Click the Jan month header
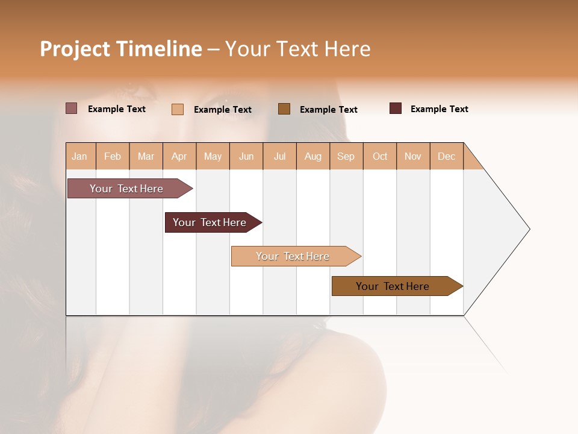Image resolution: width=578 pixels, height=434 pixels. tap(79, 157)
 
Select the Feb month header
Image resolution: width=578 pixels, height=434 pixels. tap(113, 157)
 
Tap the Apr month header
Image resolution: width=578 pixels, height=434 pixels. tap(179, 157)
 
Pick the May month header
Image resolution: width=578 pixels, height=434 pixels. tap(213, 157)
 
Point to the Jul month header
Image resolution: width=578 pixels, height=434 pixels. tap(279, 157)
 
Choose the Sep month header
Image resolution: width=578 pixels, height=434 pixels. tap(346, 157)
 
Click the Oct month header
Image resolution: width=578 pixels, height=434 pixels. tap(380, 157)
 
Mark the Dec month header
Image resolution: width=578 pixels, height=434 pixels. tap(446, 157)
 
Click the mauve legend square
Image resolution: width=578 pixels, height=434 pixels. tap(71, 108)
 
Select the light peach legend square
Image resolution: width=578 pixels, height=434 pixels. tap(177, 109)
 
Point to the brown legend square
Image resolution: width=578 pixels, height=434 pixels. tap(284, 108)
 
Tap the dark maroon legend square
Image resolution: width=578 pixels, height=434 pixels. tap(396, 108)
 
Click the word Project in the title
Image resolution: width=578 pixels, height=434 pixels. tap(75, 49)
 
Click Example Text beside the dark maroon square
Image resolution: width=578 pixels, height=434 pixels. tap(439, 109)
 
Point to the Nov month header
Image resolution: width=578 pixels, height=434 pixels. tap(412, 157)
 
